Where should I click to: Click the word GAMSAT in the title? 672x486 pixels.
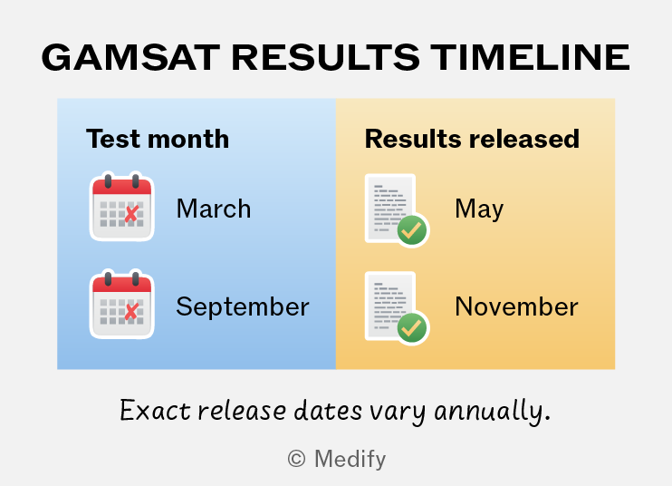pos(130,57)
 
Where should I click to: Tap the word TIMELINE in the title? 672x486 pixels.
pos(530,57)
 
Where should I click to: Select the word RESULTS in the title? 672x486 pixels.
pos(325,57)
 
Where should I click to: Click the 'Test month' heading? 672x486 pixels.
pos(158,139)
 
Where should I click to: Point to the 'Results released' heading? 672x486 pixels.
pos(472,139)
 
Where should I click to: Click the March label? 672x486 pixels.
pos(214,209)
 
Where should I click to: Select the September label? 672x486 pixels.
pos(243,306)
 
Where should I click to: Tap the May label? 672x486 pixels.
pos(479,209)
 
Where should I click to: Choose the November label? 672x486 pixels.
pos(516,306)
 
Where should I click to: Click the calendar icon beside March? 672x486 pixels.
pos(121,207)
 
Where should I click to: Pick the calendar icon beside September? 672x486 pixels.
pos(121,305)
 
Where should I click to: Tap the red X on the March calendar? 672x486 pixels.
pos(131,214)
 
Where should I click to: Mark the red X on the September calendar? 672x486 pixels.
pos(131,311)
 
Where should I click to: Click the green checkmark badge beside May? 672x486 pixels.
pos(412,230)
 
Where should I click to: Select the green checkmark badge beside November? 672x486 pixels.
pos(412,328)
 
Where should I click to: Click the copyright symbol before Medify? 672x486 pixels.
pos(296,459)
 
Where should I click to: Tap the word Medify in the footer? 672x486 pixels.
pos(350,460)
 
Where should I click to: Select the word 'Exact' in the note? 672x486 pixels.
pos(155,411)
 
